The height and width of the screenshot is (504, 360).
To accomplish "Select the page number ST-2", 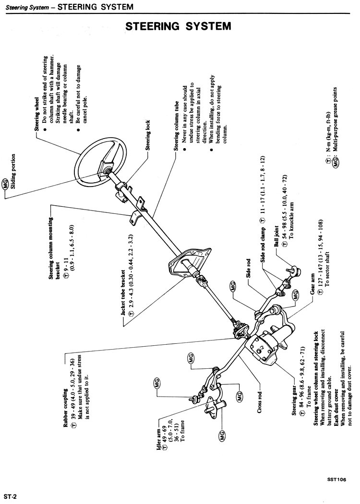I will click(x=11, y=494).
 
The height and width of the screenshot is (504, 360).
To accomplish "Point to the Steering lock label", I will click(x=148, y=136).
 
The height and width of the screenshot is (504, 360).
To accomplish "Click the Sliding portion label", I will click(x=13, y=171).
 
